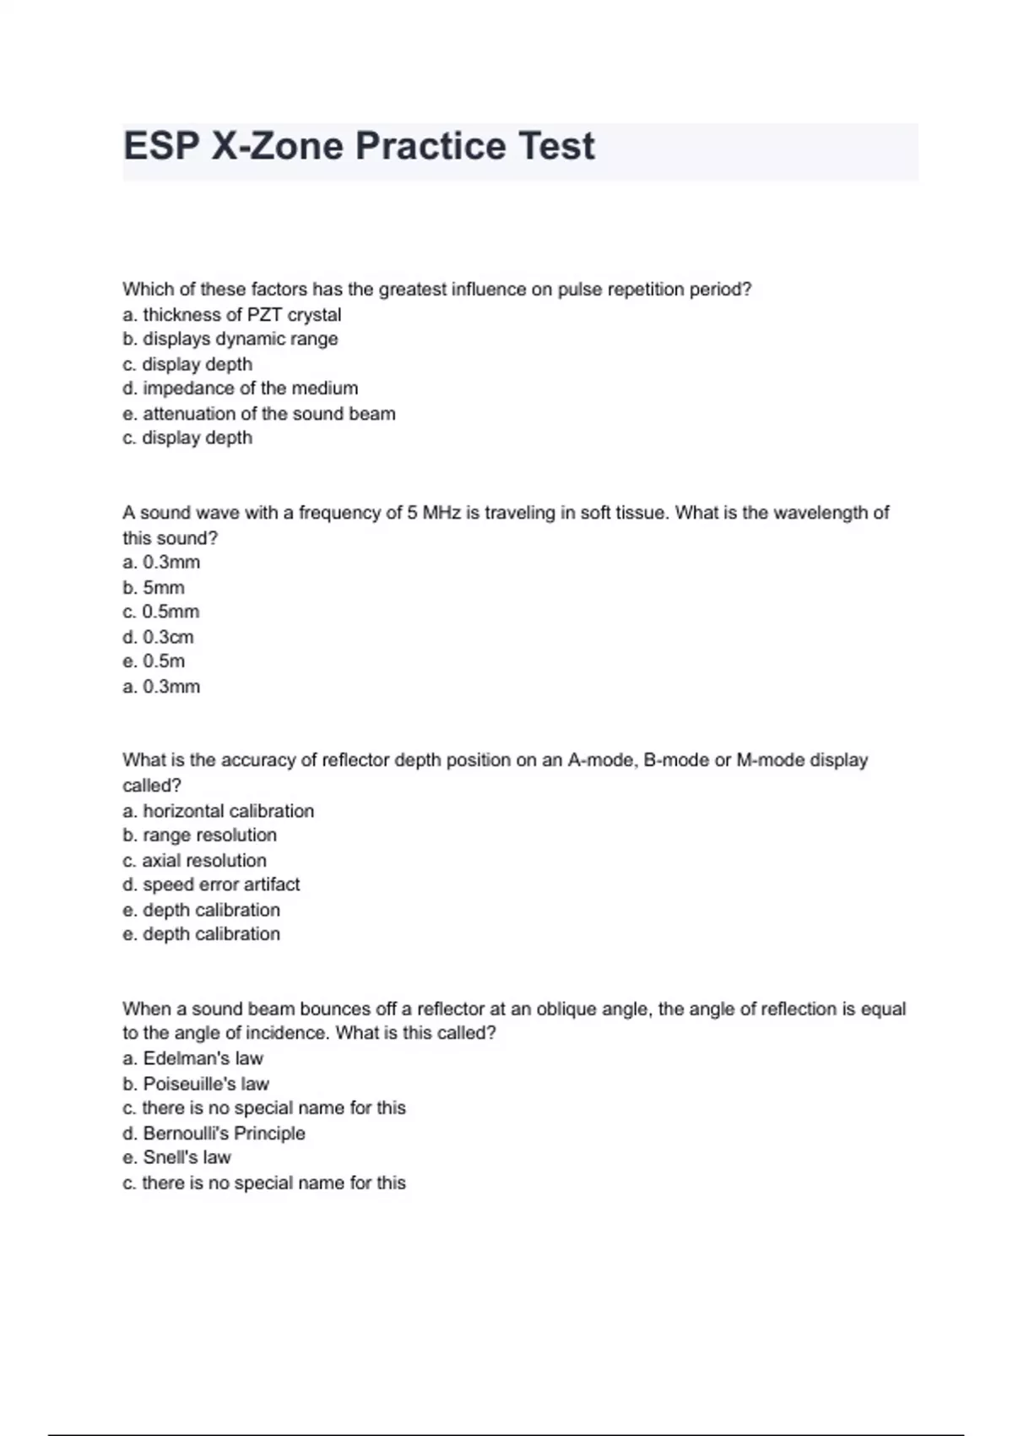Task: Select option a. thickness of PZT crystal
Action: pos(231,314)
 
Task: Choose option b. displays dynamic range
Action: pos(230,339)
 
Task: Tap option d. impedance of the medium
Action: pos(240,389)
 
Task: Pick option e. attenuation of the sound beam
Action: pos(258,414)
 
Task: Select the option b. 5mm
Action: pos(153,587)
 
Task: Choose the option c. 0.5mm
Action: pos(160,612)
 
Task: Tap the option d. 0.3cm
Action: pos(158,637)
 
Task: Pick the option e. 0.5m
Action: pos(153,661)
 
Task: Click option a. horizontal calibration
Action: pos(218,811)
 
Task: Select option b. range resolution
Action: pos(199,835)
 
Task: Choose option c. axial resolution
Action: pos(194,860)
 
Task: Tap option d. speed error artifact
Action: pos(211,884)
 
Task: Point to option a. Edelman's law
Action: pos(192,1058)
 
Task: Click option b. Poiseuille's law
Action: pos(195,1084)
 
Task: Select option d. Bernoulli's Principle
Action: pos(214,1133)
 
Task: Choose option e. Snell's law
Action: pos(176,1157)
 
